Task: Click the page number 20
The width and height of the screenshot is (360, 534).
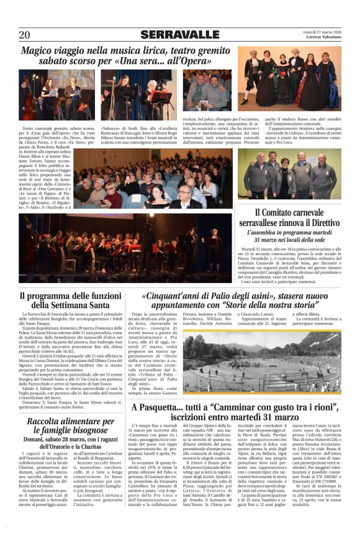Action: [x=24, y=34]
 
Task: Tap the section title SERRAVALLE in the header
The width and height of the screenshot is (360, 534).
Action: [x=179, y=34]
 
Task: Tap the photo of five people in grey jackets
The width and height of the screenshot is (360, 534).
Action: [x=289, y=174]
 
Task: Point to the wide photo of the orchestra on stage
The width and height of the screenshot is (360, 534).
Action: [x=127, y=239]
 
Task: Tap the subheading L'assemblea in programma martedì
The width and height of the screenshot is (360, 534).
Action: [x=289, y=235]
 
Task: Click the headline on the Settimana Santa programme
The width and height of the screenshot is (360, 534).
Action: [x=70, y=301]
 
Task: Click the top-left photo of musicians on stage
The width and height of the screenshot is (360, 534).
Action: [x=58, y=94]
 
